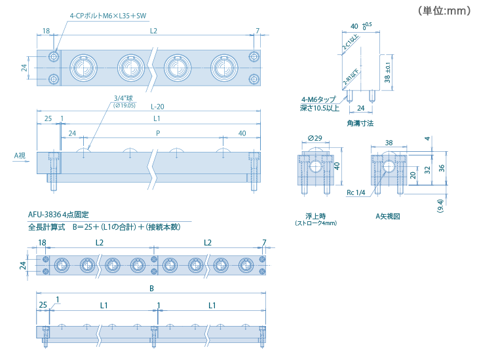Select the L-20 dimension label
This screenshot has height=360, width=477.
point(157,107)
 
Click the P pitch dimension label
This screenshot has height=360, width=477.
point(157,134)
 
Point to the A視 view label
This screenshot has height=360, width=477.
point(20,156)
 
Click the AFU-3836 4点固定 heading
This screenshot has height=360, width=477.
point(58,215)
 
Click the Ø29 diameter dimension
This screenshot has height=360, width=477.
point(315,138)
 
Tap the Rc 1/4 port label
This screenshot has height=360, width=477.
point(356,193)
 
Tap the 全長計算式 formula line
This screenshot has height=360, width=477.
point(104,227)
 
